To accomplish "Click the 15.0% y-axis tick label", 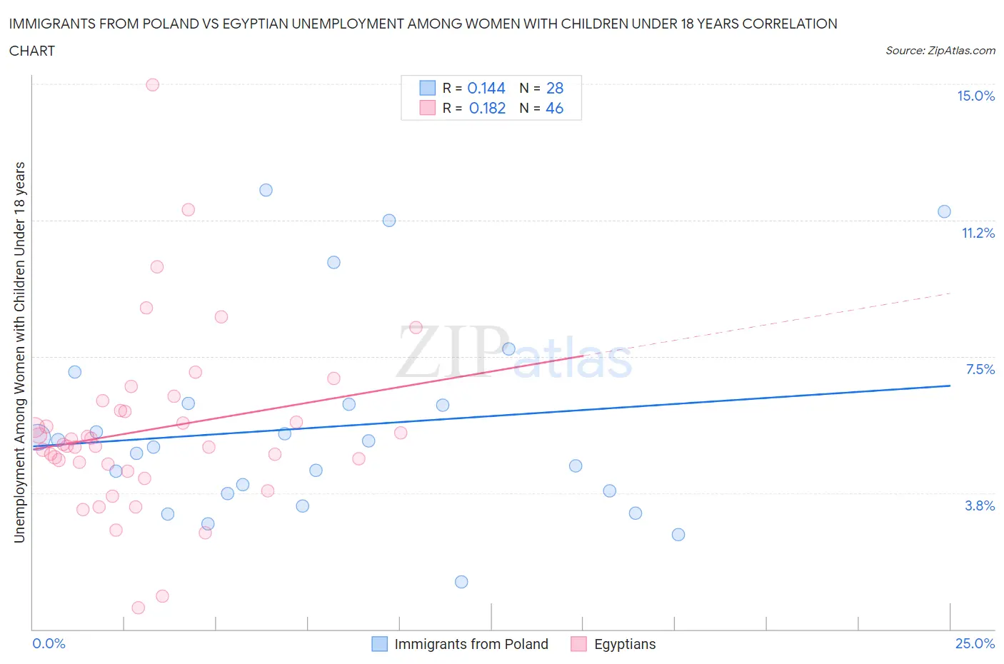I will (x=975, y=96).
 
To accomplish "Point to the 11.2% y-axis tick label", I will (x=978, y=233).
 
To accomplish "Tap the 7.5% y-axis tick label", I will (x=980, y=369).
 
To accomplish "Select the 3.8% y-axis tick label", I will (x=980, y=505).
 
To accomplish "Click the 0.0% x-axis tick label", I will (x=49, y=643).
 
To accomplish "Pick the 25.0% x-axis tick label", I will (x=975, y=643).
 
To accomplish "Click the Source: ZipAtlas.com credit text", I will (x=940, y=51).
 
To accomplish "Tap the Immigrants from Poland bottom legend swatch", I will (x=379, y=644).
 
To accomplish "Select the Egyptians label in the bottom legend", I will (x=625, y=644).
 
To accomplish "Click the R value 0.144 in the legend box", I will (x=486, y=88).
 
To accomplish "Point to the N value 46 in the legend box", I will (x=554, y=108).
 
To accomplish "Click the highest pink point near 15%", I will (x=152, y=84).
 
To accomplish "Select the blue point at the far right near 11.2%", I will (x=944, y=211).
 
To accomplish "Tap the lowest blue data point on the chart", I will (x=461, y=582).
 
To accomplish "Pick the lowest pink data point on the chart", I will (x=138, y=608).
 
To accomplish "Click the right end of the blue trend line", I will (x=950, y=386).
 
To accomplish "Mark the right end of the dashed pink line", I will (x=950, y=293).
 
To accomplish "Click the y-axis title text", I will (x=19, y=352).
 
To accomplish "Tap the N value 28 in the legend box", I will (x=554, y=88).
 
